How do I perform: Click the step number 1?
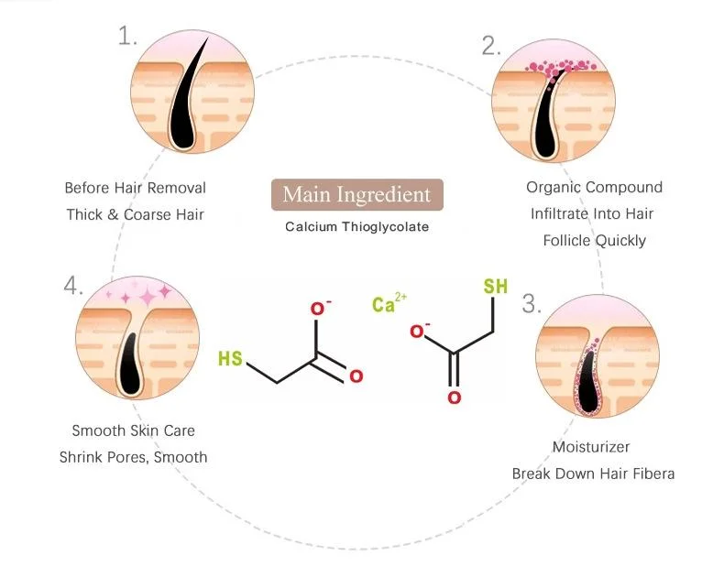pyautogui.click(x=127, y=36)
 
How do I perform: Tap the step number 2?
pyautogui.click(x=491, y=46)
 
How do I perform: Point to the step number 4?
pyautogui.click(x=73, y=286)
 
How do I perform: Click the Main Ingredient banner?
pyautogui.click(x=357, y=194)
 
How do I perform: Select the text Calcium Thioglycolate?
pyautogui.click(x=357, y=226)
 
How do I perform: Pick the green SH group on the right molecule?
pyautogui.click(x=495, y=287)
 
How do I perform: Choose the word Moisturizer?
pyautogui.click(x=593, y=447)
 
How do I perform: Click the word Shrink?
pyautogui.click(x=82, y=456)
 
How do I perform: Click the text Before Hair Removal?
pyautogui.click(x=135, y=188)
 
